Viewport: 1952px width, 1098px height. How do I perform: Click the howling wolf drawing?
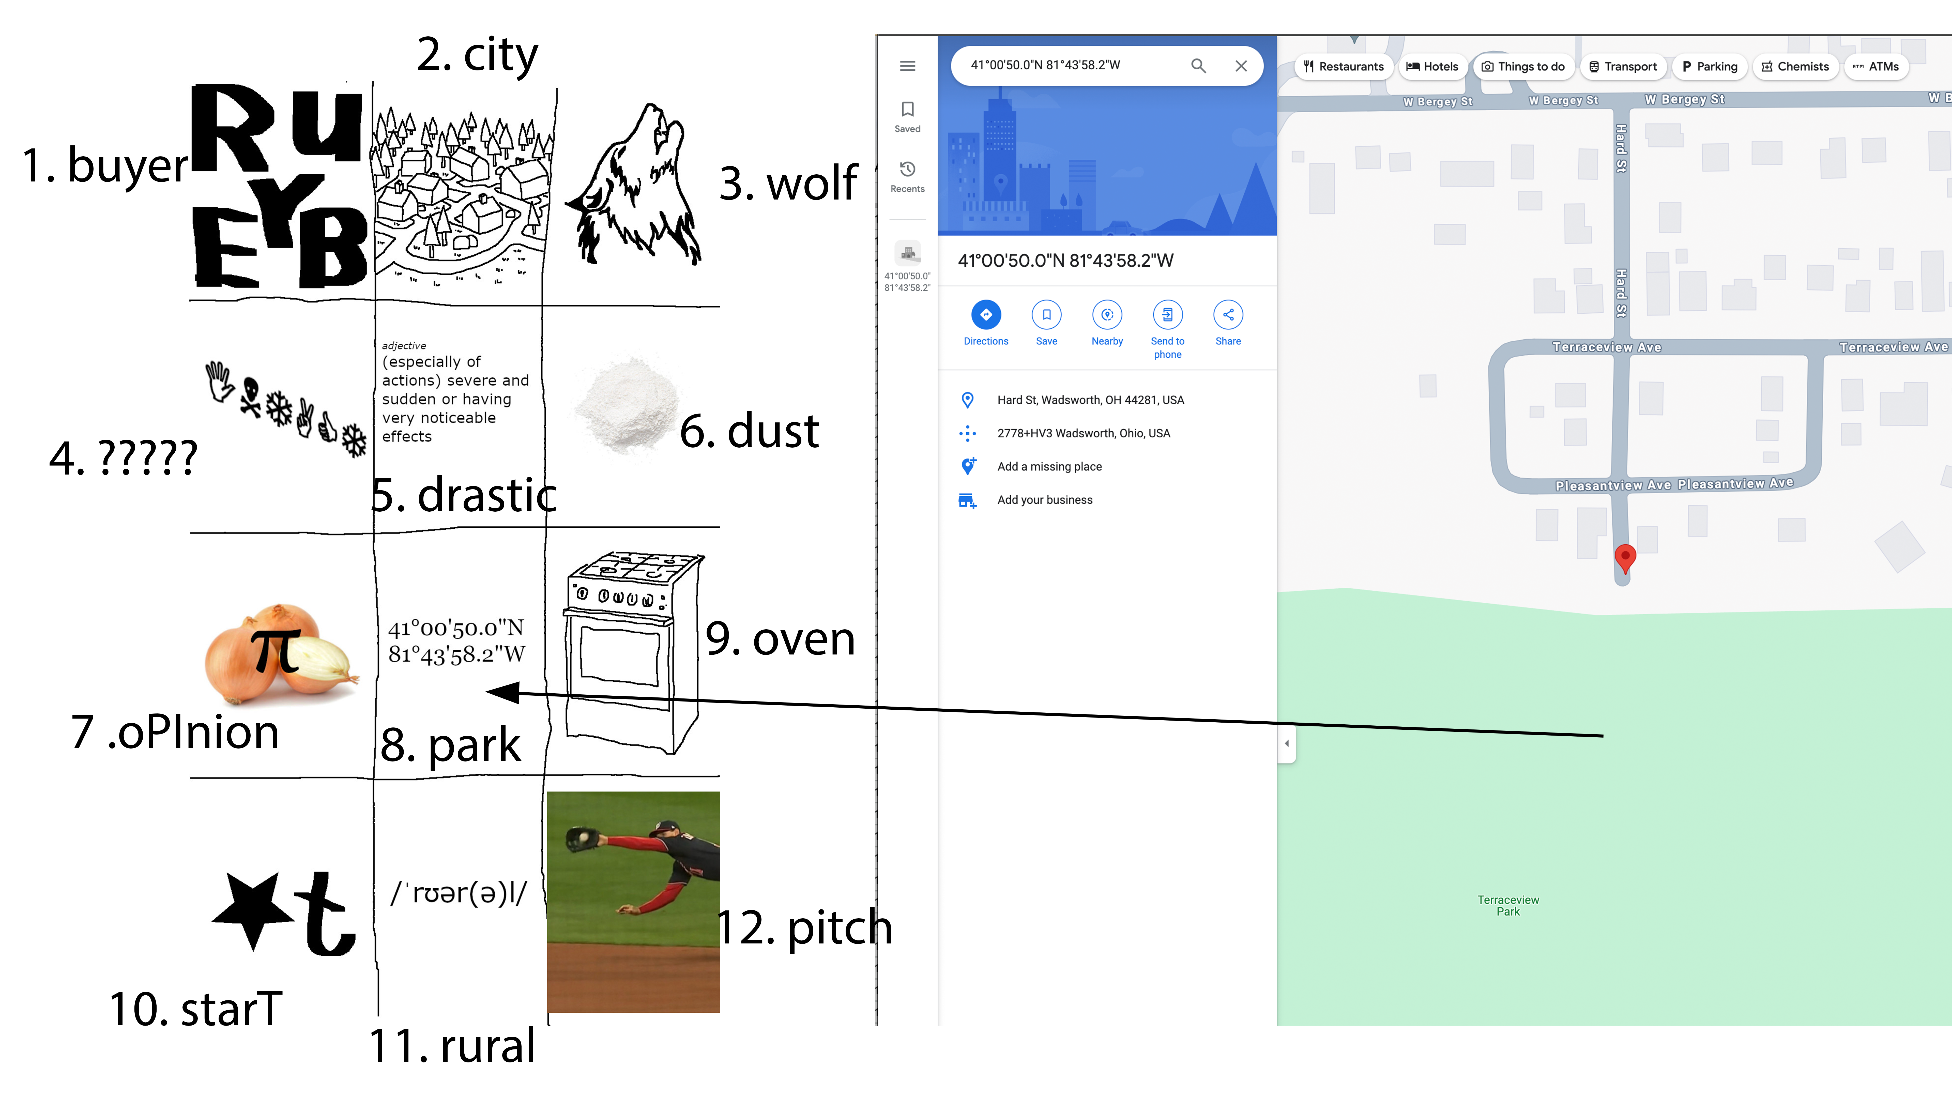coord(636,186)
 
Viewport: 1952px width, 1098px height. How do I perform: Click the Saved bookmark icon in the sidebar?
coord(907,110)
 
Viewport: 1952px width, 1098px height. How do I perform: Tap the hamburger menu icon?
coord(907,66)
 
